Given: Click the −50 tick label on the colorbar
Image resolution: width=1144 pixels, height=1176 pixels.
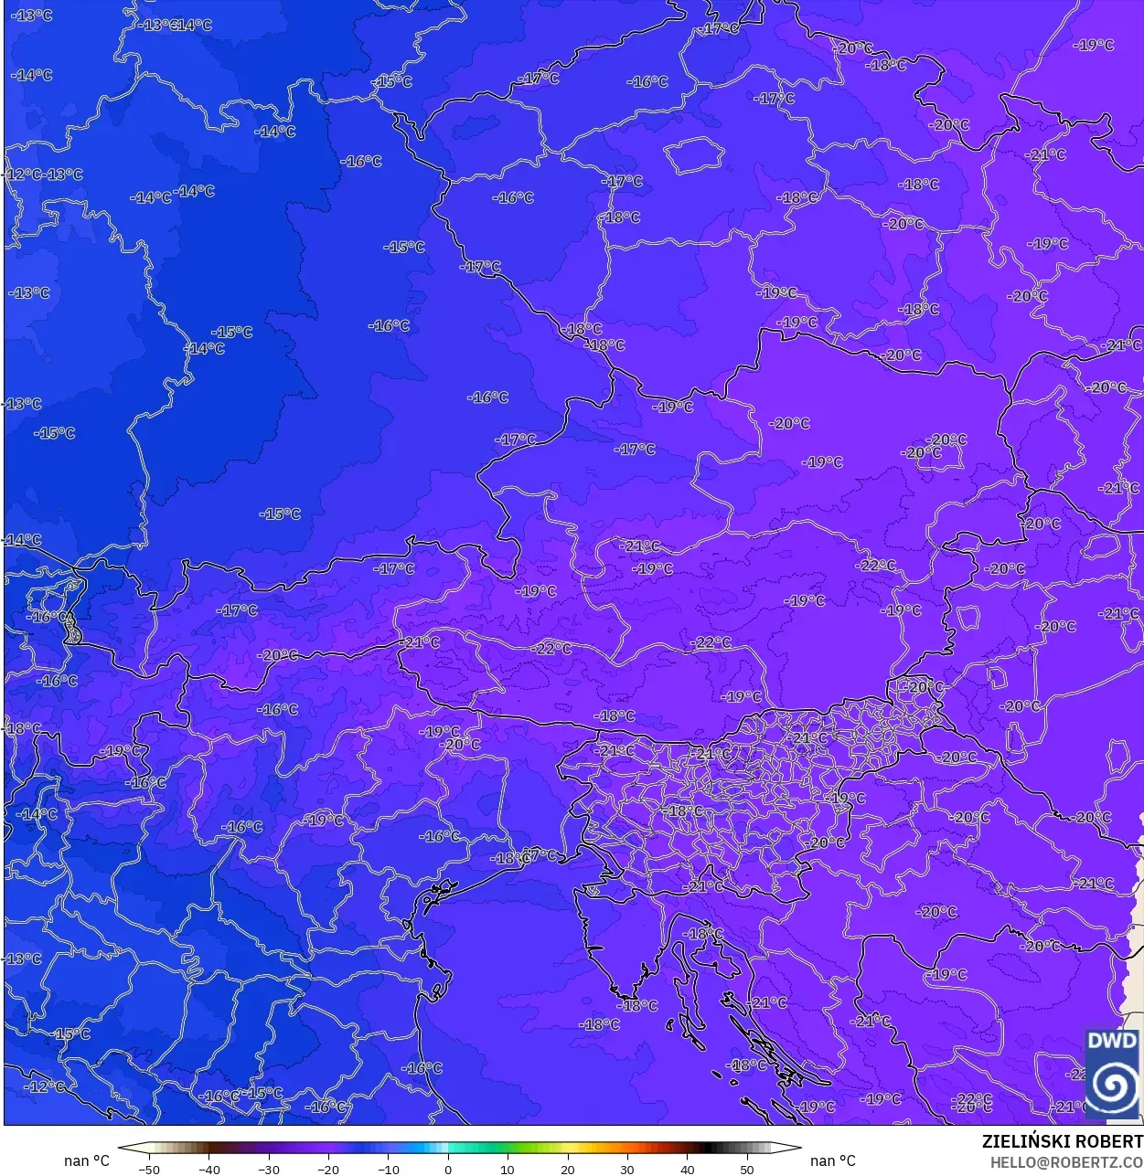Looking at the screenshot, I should coord(148,1169).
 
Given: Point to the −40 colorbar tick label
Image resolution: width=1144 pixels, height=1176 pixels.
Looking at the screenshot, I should coord(208,1169).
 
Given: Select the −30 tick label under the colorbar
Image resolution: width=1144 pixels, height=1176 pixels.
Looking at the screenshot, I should coord(268,1169).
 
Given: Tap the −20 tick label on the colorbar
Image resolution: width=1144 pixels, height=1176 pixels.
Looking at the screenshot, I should coord(328,1169).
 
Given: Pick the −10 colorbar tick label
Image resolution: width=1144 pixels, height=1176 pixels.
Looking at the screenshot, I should coord(388,1169).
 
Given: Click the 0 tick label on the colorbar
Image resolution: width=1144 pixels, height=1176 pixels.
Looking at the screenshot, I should coord(448,1169).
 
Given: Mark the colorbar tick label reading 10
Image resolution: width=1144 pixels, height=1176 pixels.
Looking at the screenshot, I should coord(508,1169).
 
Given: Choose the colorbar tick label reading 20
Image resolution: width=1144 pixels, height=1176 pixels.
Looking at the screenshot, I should coord(568,1169).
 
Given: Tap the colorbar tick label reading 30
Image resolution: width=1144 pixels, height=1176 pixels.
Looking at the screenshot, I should coord(627,1169).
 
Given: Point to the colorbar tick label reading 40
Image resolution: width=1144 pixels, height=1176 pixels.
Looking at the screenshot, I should coord(688,1169).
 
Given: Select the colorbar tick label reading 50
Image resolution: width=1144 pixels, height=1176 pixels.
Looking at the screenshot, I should coord(747,1169).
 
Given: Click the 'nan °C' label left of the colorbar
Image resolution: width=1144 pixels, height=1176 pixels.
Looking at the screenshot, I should coord(86,1160).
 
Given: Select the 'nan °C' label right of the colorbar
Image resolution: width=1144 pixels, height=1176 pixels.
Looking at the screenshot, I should coord(833,1160).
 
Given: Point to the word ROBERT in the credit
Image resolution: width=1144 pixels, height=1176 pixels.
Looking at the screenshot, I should coord(1109,1142).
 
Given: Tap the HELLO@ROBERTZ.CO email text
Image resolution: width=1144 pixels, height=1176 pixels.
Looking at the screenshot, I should coord(1066,1162).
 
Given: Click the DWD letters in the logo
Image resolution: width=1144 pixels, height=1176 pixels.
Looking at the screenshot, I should coord(1112,1041).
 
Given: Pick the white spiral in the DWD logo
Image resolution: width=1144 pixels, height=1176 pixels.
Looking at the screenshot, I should coord(1113,1085).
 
